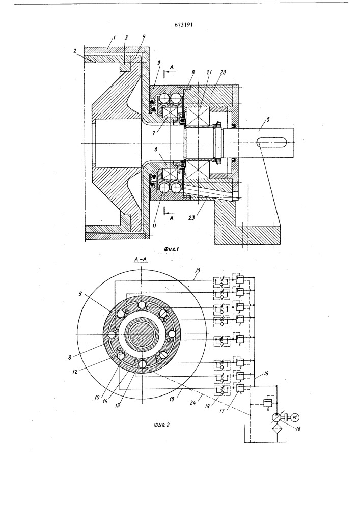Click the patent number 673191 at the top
[x=183, y=25]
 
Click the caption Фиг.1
[x=172, y=249]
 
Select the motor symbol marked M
[x=294, y=417]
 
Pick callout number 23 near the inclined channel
[x=192, y=218]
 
